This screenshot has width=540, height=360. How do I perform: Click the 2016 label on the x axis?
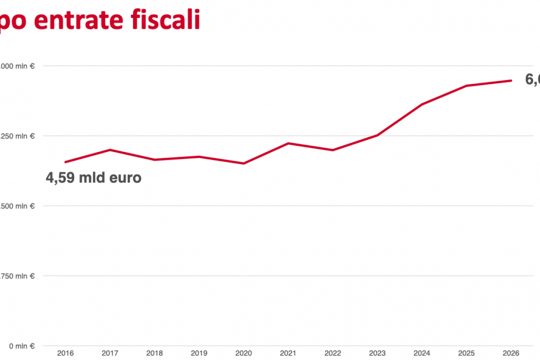66,353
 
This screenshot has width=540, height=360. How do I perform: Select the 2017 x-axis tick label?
110,353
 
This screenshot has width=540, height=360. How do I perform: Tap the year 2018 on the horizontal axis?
155,353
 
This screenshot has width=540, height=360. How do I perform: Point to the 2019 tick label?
199,353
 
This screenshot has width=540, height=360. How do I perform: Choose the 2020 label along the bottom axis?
244,353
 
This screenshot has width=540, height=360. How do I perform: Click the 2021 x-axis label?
288,353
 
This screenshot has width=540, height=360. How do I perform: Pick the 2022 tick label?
333,353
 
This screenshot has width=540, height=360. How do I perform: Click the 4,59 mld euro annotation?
94,178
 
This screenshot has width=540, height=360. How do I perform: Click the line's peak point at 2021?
288,143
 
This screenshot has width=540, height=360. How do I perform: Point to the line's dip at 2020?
244,163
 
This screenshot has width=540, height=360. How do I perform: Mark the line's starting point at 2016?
66,162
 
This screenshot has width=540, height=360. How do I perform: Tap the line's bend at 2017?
110,150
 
